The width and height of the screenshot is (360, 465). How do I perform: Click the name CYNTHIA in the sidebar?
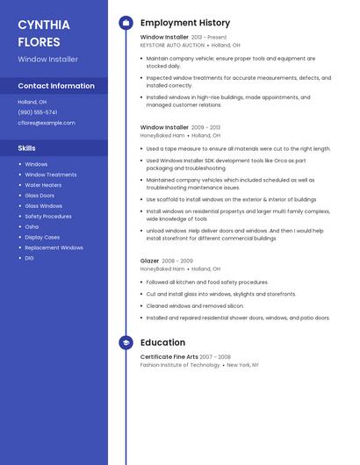(44, 25)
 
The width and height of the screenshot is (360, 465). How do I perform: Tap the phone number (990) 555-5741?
(38, 112)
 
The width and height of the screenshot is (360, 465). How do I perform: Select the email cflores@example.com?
(47, 123)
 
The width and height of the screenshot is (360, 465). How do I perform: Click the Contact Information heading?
(56, 86)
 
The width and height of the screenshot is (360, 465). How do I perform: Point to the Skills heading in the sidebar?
(27, 148)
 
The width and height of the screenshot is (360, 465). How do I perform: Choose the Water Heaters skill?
(43, 185)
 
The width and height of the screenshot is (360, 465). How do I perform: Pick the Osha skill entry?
(32, 226)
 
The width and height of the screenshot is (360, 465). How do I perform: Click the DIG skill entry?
(29, 258)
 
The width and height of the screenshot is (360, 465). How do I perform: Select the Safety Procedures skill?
(48, 216)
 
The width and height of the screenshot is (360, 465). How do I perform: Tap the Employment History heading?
(185, 23)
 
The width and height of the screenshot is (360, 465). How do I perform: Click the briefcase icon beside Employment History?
(126, 23)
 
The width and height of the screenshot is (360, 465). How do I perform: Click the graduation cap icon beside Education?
(126, 342)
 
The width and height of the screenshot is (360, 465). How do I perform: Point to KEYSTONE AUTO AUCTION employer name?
(172, 45)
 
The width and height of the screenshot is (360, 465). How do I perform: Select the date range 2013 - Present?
(209, 38)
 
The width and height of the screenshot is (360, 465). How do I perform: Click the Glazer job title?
(149, 261)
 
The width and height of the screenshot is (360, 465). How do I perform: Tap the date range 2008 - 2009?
(177, 261)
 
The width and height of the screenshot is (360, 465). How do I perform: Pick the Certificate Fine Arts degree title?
(169, 357)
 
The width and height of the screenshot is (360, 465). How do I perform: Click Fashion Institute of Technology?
(180, 364)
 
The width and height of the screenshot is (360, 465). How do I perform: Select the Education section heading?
(162, 342)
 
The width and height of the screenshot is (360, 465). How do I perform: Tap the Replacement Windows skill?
(54, 247)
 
